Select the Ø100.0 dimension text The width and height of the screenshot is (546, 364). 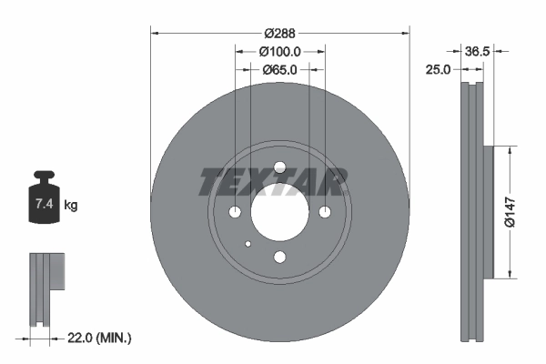point(280,52)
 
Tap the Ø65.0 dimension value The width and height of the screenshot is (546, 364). point(280,70)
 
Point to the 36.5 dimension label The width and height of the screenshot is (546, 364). point(478,52)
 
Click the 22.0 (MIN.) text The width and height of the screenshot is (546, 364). point(100,338)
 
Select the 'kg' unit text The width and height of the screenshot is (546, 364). point(71,206)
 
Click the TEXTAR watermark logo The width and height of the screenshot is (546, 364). point(273,182)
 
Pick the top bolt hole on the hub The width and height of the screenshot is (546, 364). point(280,167)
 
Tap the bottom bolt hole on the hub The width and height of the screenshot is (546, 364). point(280,257)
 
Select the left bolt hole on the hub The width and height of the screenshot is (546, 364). point(236,212)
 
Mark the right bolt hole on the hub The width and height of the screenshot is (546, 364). point(325,212)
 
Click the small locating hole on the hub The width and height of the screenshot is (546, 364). point(248,243)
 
